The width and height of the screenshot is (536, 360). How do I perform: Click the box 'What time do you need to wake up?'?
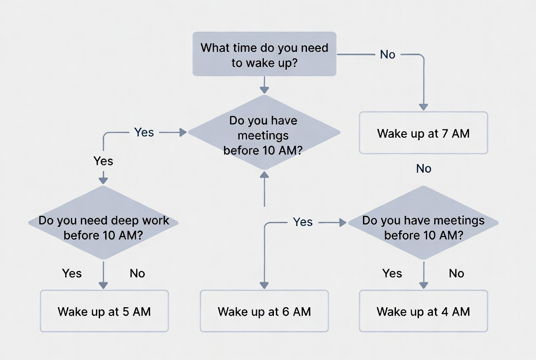click(264, 54)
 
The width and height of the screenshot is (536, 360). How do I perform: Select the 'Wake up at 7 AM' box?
click(423, 133)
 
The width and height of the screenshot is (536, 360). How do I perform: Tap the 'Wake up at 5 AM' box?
click(104, 311)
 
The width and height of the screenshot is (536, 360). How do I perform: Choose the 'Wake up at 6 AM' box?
click(264, 311)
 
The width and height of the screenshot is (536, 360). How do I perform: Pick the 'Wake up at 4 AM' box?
click(423, 311)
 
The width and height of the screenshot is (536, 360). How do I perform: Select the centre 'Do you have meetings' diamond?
click(264, 133)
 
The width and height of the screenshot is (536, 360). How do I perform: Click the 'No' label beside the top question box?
click(388, 55)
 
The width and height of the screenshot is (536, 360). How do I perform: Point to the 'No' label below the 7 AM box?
click(424, 169)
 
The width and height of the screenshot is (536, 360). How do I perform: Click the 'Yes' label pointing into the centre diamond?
click(144, 132)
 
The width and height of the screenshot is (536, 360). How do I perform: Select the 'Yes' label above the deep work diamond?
click(103, 161)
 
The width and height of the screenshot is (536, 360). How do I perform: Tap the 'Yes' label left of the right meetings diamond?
click(303, 222)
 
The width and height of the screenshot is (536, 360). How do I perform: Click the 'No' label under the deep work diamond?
click(137, 274)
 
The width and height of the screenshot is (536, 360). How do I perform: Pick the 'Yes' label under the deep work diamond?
click(72, 274)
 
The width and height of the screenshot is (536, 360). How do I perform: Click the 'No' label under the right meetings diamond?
click(457, 274)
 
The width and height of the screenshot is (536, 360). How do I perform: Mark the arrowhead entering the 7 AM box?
click(423, 107)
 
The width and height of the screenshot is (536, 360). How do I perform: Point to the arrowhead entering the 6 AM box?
click(264, 285)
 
